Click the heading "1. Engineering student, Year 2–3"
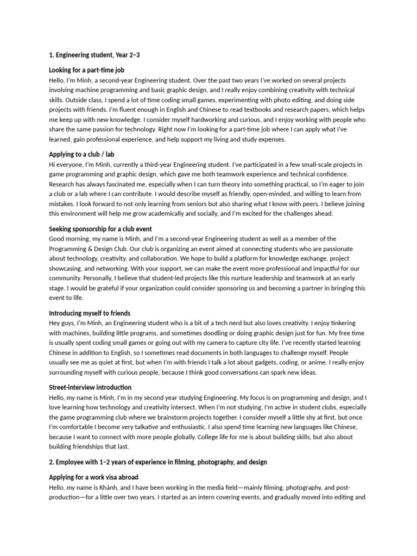[x=94, y=55]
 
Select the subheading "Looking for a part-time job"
[x=86, y=70]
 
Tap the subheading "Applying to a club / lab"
[x=81, y=154]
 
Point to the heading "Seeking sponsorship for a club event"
[x=100, y=229]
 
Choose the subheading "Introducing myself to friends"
[x=90, y=313]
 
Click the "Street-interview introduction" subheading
[x=90, y=388]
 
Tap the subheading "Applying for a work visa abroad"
[x=93, y=477]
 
